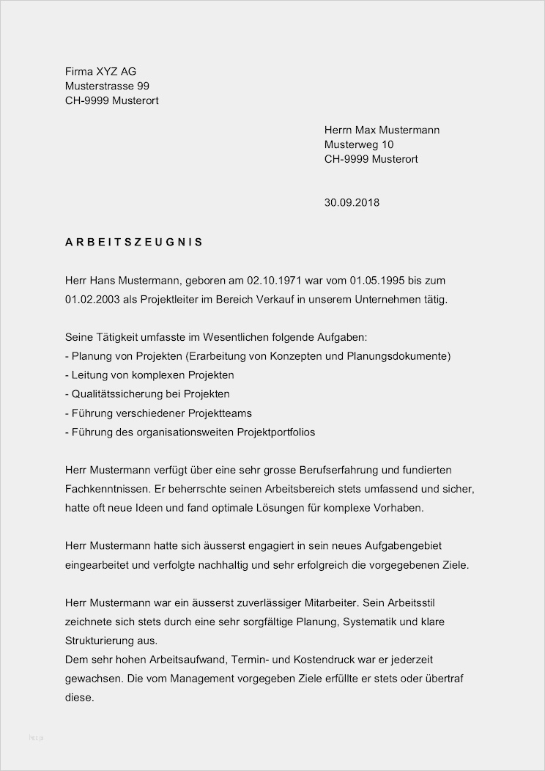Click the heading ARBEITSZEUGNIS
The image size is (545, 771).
click(134, 241)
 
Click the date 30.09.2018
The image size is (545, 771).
click(352, 202)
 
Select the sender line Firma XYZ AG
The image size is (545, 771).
click(100, 71)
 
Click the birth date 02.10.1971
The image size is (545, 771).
click(274, 281)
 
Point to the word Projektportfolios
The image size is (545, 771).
click(275, 432)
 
